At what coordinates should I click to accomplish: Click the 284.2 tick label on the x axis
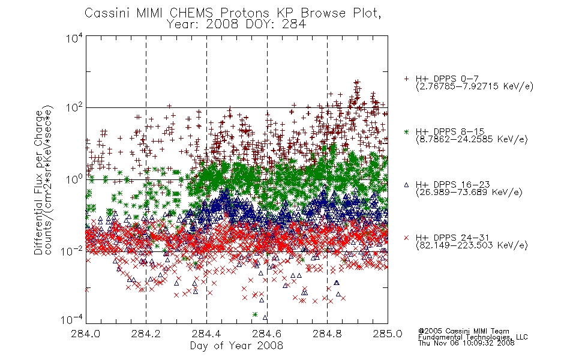click(146, 334)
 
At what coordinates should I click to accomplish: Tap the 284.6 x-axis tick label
click(267, 334)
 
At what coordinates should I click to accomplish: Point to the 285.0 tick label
click(388, 334)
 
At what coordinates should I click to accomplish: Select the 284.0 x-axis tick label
click(86, 334)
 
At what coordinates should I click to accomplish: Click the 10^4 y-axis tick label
click(74, 38)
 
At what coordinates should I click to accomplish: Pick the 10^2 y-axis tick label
click(74, 108)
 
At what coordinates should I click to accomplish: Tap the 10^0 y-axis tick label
click(74, 179)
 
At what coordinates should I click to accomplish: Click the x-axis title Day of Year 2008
click(236, 346)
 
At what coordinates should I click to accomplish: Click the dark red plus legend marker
click(406, 79)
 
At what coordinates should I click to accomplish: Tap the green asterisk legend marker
click(406, 131)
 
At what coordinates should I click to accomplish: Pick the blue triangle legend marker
click(406, 185)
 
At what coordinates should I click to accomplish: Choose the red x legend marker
click(406, 238)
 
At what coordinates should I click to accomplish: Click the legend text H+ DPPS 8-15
click(450, 131)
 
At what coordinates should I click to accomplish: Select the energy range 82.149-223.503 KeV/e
click(472, 245)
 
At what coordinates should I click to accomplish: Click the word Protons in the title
click(245, 13)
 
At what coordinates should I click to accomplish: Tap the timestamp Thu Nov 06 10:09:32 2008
click(466, 343)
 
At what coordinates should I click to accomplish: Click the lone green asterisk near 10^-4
click(255, 314)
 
